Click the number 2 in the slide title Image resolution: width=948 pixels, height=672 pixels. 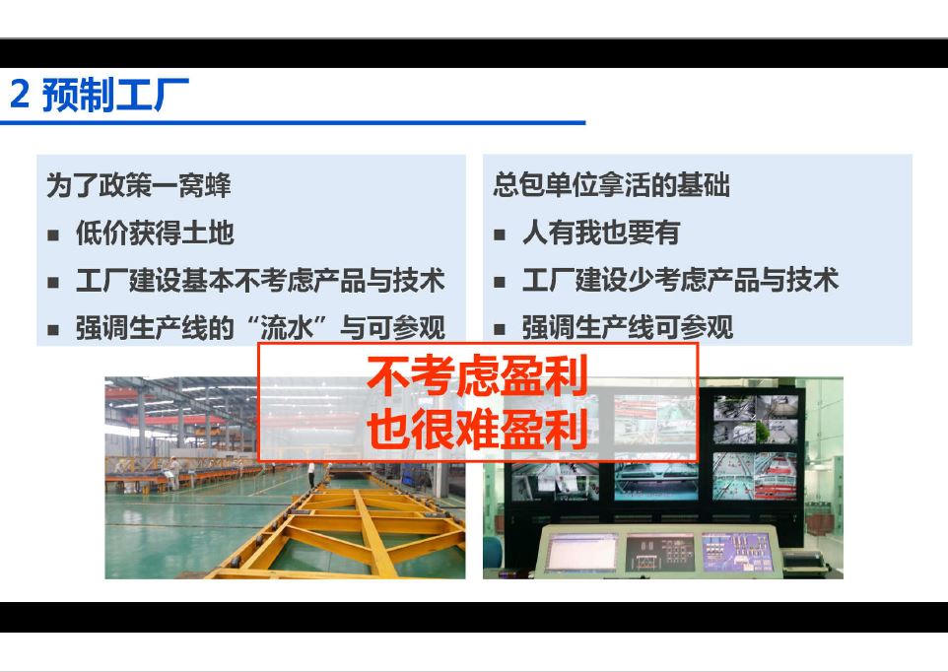[20, 96]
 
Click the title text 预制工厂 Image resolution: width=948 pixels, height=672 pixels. [115, 95]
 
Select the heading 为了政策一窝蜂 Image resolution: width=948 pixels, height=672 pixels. [138, 185]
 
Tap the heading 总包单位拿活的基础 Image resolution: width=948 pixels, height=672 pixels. [611, 185]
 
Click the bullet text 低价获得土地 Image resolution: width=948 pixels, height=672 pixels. [155, 233]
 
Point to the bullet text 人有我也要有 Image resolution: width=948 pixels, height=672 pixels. [601, 233]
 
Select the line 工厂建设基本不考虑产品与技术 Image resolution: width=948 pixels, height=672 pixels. [260, 281]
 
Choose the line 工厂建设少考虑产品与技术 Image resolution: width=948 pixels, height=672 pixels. [680, 281]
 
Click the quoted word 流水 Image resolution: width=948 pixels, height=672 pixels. [287, 328]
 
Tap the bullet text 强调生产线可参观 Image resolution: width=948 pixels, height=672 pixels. [628, 328]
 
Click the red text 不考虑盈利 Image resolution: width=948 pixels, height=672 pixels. [478, 375]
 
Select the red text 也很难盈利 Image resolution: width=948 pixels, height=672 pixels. [478, 430]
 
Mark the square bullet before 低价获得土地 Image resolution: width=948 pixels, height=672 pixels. [53, 235]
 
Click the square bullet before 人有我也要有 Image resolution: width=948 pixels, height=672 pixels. [500, 235]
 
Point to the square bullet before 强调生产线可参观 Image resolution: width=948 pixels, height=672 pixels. [500, 330]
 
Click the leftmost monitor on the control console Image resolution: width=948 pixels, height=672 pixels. [581, 553]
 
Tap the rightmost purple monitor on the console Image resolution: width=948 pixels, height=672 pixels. [737, 552]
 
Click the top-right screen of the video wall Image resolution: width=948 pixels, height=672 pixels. [756, 419]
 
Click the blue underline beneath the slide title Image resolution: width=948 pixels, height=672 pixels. [293, 123]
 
